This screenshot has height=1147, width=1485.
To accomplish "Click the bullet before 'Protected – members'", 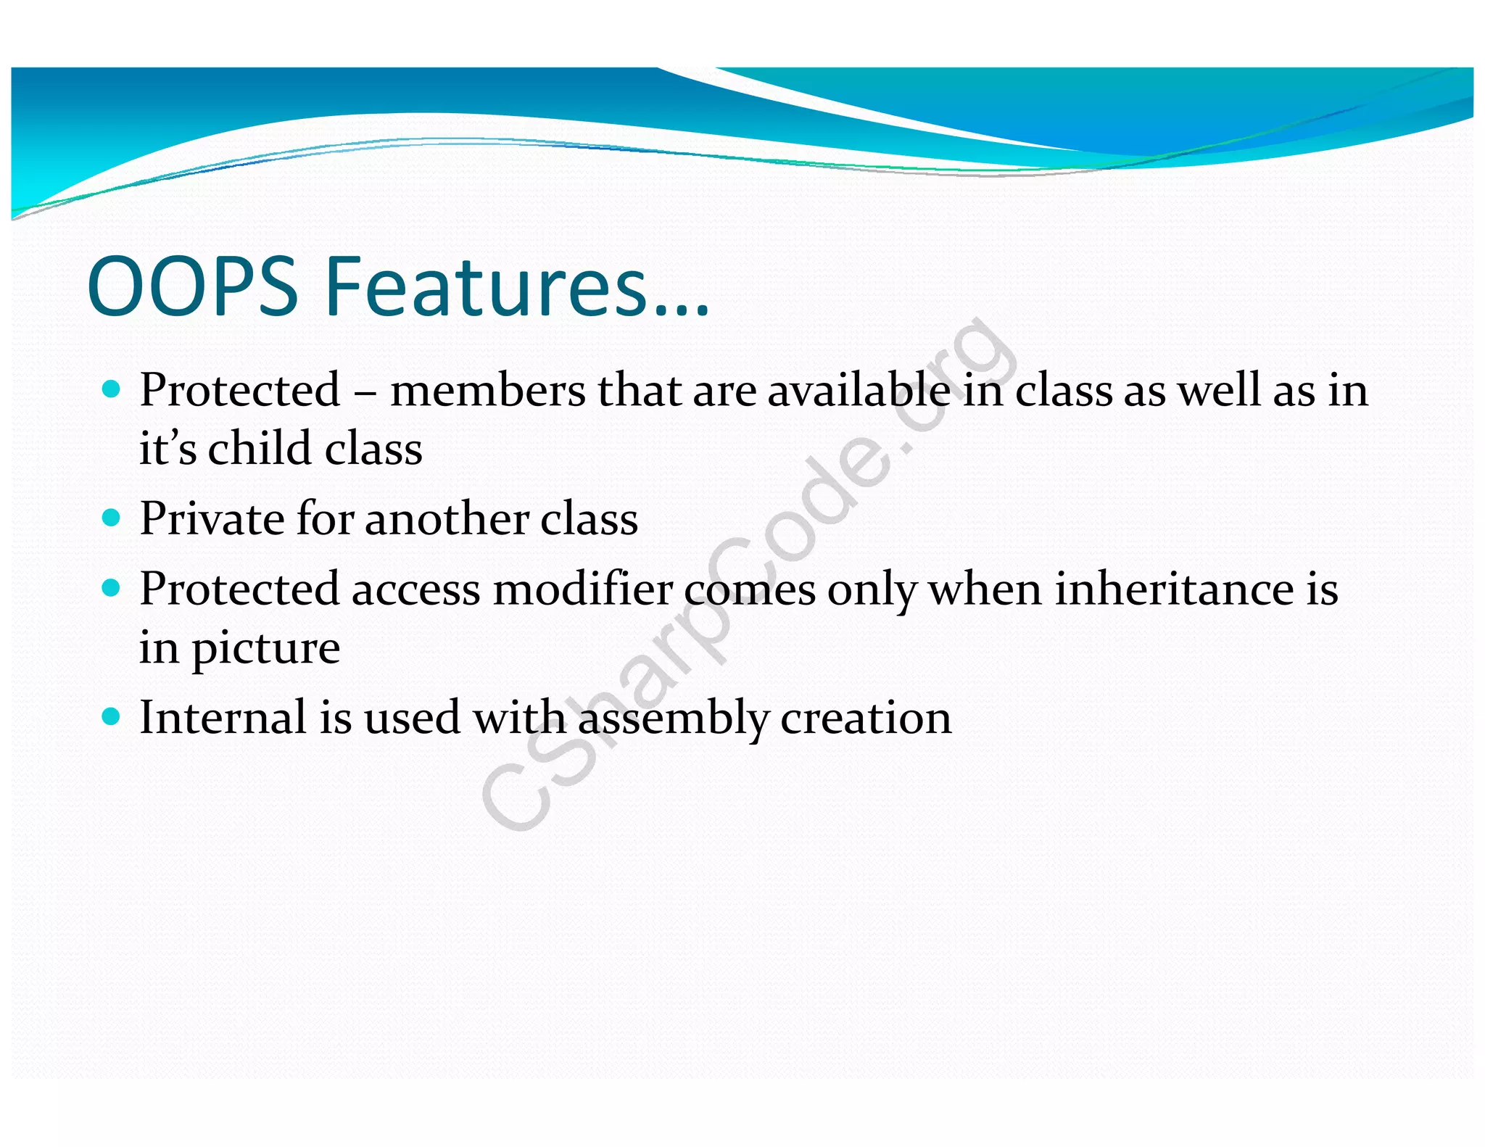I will point(111,390).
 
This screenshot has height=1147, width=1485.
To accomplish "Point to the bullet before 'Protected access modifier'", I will point(111,588).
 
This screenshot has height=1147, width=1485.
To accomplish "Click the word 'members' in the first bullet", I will point(488,392).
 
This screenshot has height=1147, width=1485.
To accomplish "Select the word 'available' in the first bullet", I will point(859,392).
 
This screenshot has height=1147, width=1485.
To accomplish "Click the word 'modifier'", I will point(584,589).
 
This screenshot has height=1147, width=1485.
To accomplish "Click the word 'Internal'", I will point(223,718).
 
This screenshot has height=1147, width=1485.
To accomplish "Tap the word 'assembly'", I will point(673,719).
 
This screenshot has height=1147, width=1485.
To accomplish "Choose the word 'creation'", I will point(866,718).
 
